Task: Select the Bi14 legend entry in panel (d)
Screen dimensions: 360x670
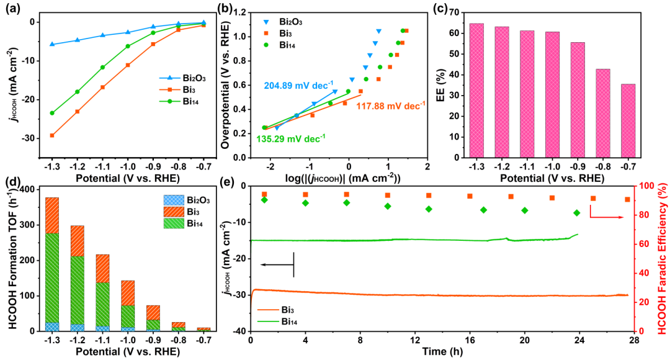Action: click(x=185, y=225)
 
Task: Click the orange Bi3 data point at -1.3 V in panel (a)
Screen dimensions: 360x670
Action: click(x=52, y=135)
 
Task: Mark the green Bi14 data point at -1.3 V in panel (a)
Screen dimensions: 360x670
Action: click(x=52, y=113)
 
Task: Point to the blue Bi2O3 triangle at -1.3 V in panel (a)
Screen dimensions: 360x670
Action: click(x=52, y=44)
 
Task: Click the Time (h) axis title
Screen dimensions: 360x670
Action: click(x=442, y=353)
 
